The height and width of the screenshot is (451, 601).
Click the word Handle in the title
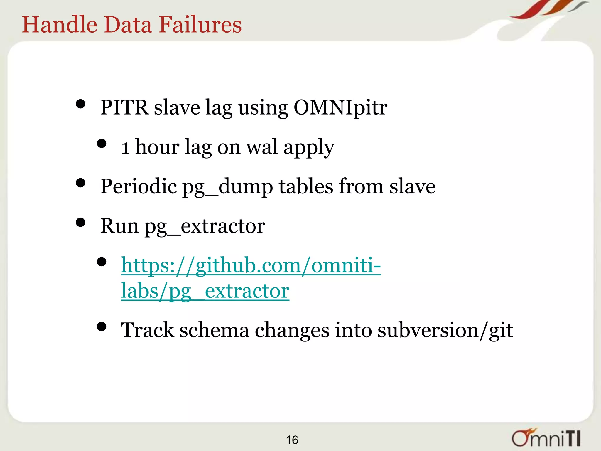click(x=59, y=24)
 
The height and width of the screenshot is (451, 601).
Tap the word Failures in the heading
click(x=200, y=24)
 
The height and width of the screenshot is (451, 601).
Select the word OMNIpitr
click(x=340, y=107)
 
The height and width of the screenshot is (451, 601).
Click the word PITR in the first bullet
click(x=124, y=107)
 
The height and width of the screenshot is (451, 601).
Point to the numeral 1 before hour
click(x=126, y=147)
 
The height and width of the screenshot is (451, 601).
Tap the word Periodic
click(x=139, y=186)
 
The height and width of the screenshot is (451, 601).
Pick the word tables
click(x=306, y=186)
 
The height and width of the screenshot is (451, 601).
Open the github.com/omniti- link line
click(x=251, y=265)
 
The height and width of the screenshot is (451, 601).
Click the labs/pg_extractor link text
click(x=205, y=291)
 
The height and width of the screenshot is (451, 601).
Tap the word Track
click(x=147, y=330)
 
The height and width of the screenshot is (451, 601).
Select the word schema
click(x=214, y=330)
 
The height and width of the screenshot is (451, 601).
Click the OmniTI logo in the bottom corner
click(x=546, y=438)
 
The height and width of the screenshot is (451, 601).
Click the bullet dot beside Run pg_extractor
click(x=80, y=222)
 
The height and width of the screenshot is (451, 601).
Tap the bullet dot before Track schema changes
click(x=102, y=327)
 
